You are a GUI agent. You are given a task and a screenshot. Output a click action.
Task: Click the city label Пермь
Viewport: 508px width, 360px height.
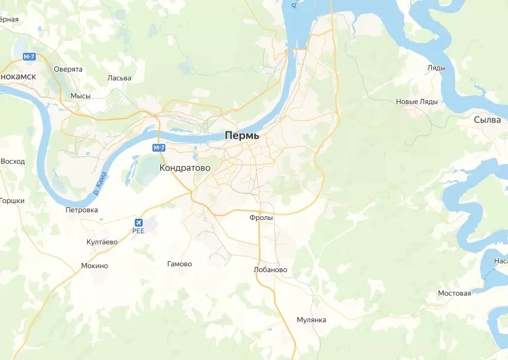click(x=242, y=136)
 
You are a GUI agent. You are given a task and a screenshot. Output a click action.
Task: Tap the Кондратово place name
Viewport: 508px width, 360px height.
click(x=184, y=167)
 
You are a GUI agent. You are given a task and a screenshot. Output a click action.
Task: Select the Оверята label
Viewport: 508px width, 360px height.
click(x=68, y=69)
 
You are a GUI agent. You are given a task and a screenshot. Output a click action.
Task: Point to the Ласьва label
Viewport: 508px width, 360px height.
click(x=119, y=78)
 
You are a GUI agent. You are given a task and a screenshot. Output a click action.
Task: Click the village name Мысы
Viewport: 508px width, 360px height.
click(x=80, y=96)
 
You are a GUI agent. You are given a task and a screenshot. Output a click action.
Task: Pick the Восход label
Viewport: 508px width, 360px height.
click(x=12, y=161)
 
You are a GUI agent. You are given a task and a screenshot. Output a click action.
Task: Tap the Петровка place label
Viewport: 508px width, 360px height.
click(x=81, y=210)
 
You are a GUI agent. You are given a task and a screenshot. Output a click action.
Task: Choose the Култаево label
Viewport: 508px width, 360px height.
click(x=102, y=242)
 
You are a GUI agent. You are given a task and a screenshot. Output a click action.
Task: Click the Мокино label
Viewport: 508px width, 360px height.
click(x=94, y=266)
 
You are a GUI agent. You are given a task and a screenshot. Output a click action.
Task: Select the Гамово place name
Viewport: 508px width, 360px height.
click(x=179, y=264)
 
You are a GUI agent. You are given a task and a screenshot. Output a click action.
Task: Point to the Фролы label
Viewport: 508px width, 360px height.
click(x=261, y=218)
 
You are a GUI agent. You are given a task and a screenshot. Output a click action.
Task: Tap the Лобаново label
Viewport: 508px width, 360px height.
click(x=270, y=270)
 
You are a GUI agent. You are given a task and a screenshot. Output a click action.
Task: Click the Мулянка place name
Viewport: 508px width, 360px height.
click(x=311, y=320)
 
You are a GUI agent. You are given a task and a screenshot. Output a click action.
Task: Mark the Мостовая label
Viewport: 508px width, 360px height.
click(x=454, y=293)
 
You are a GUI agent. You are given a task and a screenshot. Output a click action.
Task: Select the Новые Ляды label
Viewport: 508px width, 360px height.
click(x=417, y=102)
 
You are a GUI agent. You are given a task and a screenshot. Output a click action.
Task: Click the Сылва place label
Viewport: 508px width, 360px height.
click(x=487, y=120)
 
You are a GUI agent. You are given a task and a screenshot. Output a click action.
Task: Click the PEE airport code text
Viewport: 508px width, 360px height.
click(x=138, y=230)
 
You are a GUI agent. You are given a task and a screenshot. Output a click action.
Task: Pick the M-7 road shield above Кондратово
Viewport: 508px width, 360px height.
click(x=159, y=148)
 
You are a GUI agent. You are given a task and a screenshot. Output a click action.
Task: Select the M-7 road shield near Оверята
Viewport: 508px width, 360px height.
click(x=29, y=57)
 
